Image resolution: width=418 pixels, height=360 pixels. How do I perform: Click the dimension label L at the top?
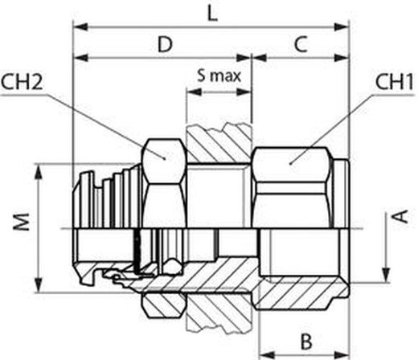pyautogui.click(x=213, y=14)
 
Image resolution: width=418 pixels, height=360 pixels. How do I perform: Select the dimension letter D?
pyautogui.click(x=165, y=44)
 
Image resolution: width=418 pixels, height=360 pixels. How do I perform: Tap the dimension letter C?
pyautogui.click(x=301, y=44)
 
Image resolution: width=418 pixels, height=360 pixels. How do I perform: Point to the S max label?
pyautogui.click(x=219, y=76)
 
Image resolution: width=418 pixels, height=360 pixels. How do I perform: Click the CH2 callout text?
pyautogui.click(x=22, y=83)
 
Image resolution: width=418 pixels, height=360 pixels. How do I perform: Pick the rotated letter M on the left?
pyautogui.click(x=22, y=222)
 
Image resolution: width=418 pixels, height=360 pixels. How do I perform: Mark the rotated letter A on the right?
pyautogui.click(x=401, y=216)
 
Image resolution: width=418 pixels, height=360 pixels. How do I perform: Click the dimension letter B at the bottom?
pyautogui.click(x=306, y=342)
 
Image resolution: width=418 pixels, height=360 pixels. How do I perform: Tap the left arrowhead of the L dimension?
pyautogui.click(x=80, y=27)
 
